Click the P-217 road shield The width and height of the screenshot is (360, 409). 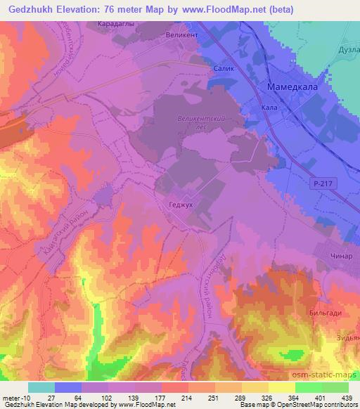[x=321, y=183]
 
